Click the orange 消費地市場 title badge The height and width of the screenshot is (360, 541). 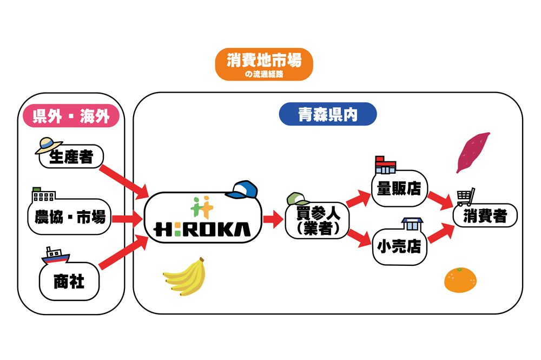[264, 64]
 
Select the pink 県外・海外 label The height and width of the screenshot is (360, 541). [70, 116]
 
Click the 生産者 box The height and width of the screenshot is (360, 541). [71, 157]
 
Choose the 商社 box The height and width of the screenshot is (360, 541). [69, 282]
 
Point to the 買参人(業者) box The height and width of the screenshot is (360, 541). [318, 221]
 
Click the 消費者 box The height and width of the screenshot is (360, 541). [485, 217]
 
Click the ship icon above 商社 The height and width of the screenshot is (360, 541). [55, 256]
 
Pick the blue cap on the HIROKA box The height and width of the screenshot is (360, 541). [242, 189]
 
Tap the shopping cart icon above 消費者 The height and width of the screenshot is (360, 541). [466, 197]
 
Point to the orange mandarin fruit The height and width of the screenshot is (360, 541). [460, 280]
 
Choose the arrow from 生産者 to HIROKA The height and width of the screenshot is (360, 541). [124, 180]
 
